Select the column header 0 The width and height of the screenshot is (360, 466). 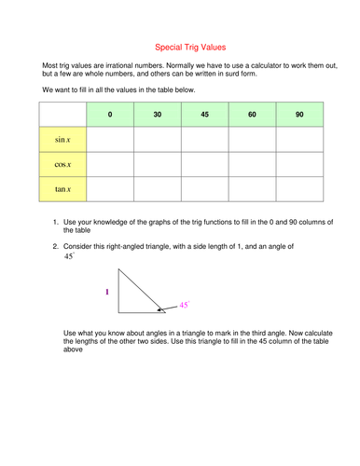point(110,115)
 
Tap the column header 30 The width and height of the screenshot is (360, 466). point(158,115)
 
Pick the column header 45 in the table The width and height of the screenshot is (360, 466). point(205,115)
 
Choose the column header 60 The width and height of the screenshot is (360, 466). point(253,115)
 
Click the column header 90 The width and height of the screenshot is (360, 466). point(299,115)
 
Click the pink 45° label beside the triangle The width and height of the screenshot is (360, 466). point(185,304)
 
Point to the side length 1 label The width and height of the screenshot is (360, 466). point(107,292)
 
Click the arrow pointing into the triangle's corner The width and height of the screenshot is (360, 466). point(165,308)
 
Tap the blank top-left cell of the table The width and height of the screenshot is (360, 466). point(62,115)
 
